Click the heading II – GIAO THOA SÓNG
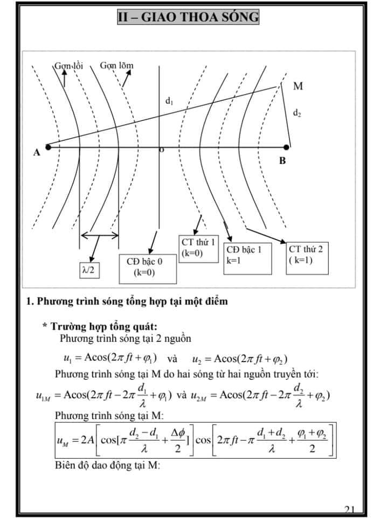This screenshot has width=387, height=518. tap(188, 17)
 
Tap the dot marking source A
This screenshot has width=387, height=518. tap(48, 146)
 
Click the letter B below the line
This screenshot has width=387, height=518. tap(282, 161)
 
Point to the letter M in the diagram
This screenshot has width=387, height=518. tap(298, 86)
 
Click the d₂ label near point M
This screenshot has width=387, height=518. tap(297, 113)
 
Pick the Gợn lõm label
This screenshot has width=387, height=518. tap(116, 66)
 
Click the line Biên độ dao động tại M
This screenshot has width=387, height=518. tap(108, 465)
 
